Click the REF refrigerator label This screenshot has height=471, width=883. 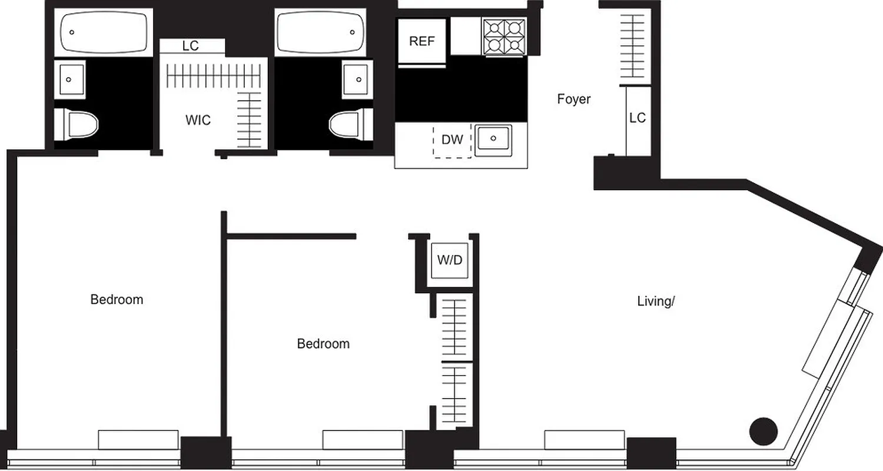tap(421, 41)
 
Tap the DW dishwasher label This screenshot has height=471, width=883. tap(452, 140)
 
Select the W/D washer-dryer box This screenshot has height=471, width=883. tap(450, 260)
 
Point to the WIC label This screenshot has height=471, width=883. tap(198, 121)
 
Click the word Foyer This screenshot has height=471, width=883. tap(573, 99)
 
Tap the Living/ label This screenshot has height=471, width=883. tap(655, 301)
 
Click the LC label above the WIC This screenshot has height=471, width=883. tap(190, 46)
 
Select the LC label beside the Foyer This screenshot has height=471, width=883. tap(637, 118)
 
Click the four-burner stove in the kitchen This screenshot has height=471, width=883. tap(504, 37)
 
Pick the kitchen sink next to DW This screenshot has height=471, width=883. tap(493, 139)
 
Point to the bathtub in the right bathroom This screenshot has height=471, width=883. tap(320, 32)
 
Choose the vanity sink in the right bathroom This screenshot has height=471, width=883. tap(356, 79)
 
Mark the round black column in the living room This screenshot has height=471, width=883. tap(764, 432)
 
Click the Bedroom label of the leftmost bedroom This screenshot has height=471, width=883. tap(117, 300)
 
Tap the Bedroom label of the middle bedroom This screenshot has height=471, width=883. tap(323, 344)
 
